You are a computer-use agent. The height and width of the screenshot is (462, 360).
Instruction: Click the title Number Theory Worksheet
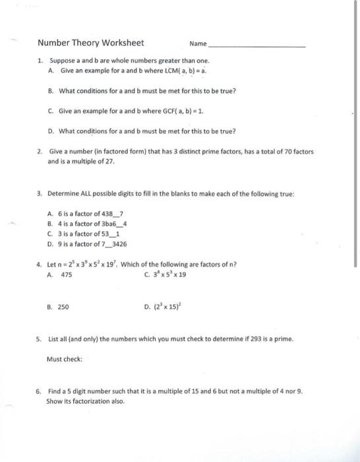90,44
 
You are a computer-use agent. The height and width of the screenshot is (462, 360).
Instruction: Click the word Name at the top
197,44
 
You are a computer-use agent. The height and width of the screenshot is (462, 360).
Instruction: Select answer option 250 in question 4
63,307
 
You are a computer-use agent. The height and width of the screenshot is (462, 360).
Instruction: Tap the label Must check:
64,360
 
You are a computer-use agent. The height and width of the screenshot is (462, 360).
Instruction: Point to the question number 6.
40,391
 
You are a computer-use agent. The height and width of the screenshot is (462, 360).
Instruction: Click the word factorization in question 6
95,401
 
